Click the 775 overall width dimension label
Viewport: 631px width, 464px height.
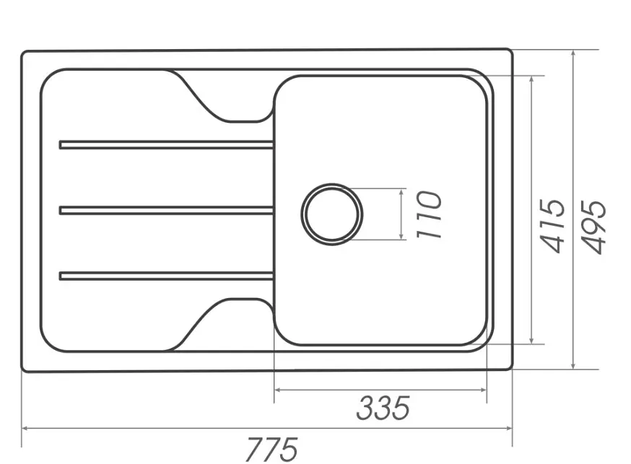[272, 449]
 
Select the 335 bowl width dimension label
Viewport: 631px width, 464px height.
[383, 408]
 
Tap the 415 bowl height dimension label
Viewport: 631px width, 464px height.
[552, 226]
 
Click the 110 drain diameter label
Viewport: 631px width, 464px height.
[429, 215]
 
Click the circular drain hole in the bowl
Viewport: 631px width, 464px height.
[332, 214]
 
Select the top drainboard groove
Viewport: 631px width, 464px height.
[167, 145]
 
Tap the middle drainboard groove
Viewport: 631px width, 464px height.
[167, 210]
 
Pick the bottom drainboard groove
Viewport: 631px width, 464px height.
[167, 276]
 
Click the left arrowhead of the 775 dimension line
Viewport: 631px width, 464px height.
[25, 429]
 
